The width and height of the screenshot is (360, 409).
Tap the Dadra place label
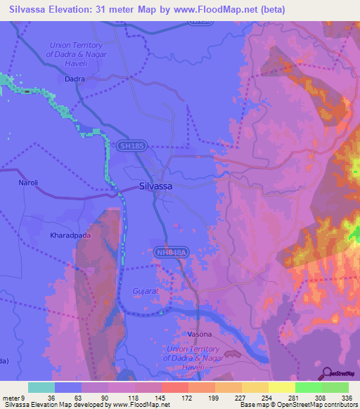(x=74, y=79)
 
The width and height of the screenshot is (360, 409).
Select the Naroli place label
(x=27, y=183)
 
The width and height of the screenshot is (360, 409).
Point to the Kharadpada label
(x=71, y=237)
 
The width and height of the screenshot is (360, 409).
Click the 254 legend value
(x=268, y=397)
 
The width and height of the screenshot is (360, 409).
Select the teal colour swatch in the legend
(x=41, y=387)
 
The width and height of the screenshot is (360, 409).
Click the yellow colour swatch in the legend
(x=281, y=387)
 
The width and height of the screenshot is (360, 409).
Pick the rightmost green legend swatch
(x=335, y=387)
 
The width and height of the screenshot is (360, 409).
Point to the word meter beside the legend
(x=12, y=397)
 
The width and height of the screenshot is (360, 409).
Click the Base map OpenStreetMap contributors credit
(x=297, y=405)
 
